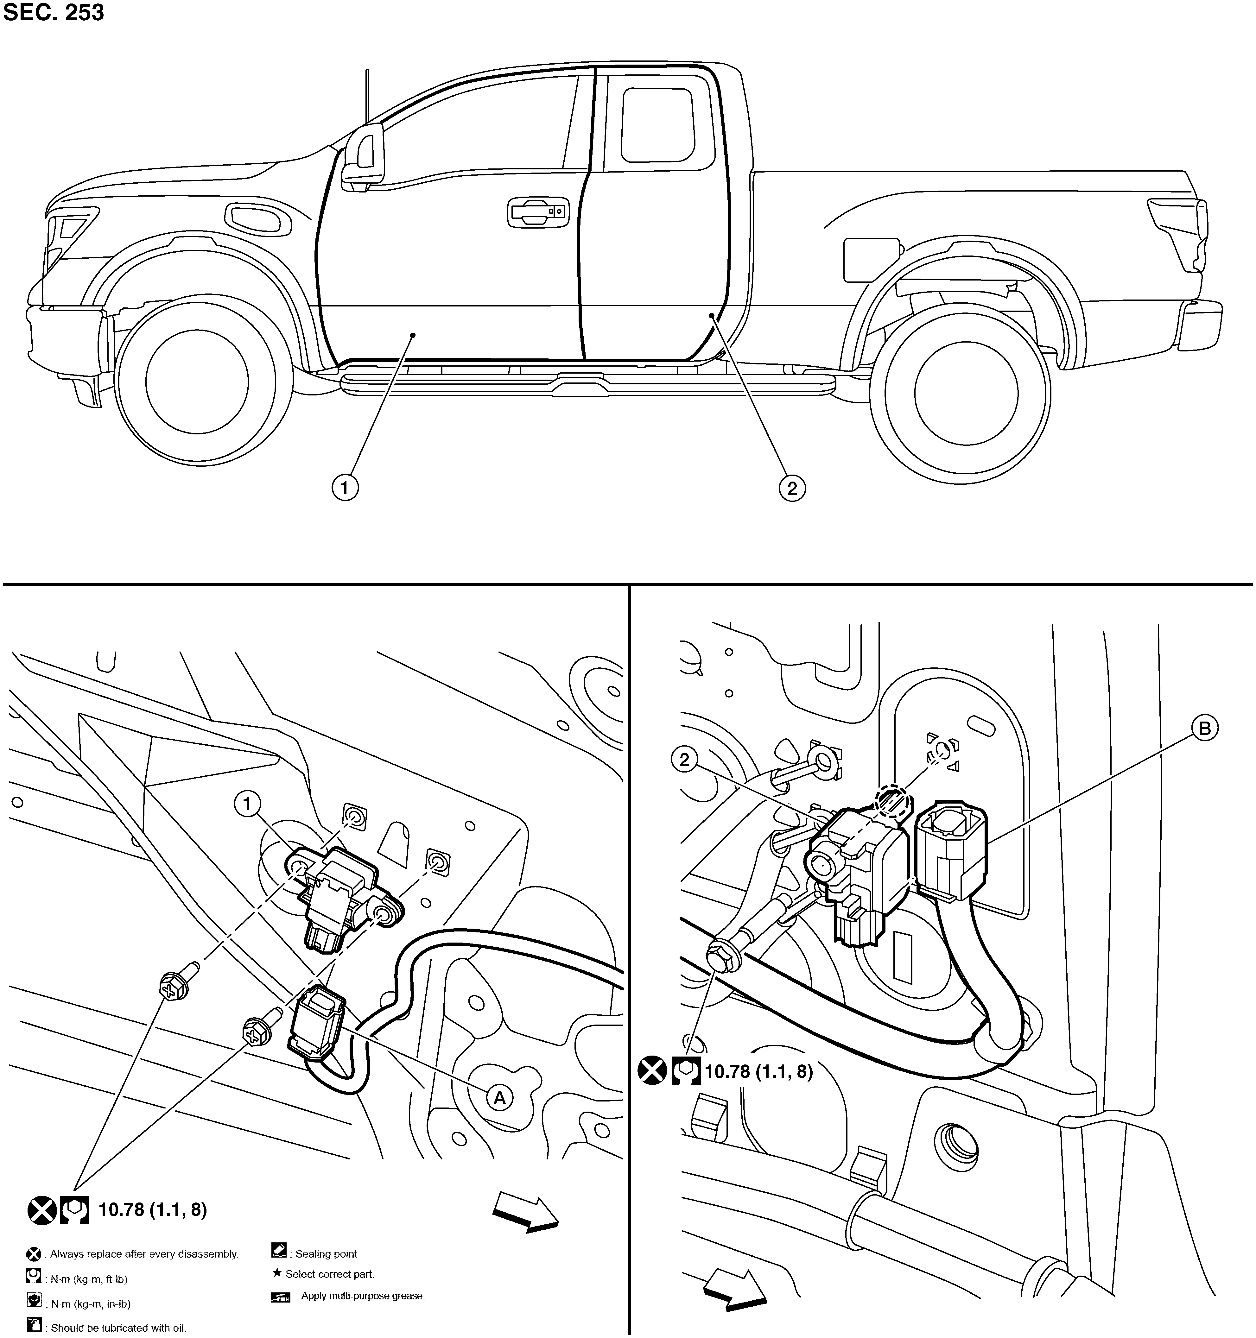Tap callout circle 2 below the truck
pyautogui.click(x=792, y=487)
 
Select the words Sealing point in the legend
pyautogui.click(x=327, y=1254)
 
